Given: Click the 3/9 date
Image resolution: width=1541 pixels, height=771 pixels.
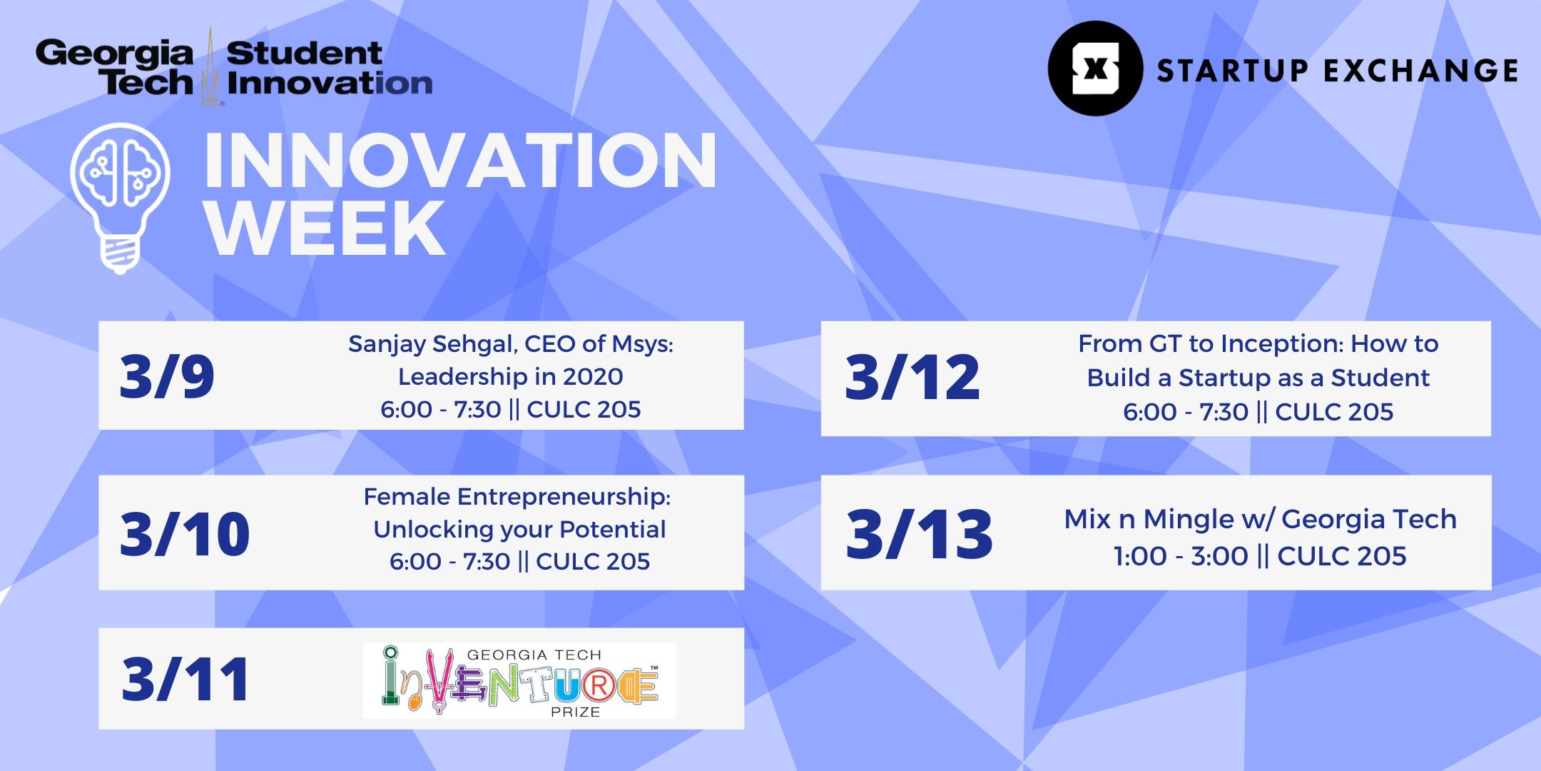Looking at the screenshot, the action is tap(167, 376).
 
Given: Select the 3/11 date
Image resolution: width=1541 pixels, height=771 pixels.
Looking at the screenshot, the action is tap(185, 679).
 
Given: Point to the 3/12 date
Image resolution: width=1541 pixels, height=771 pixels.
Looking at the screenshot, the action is tap(912, 377).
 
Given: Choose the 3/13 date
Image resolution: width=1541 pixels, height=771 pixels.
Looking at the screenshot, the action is tap(920, 534).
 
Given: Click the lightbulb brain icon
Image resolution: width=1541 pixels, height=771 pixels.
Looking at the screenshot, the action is tap(121, 198).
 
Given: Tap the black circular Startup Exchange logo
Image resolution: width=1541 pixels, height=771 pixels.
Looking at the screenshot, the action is tap(1095, 69).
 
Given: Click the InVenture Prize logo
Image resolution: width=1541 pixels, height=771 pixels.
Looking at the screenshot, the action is tap(519, 680).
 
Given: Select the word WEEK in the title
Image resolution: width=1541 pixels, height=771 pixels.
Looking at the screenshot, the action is tap(325, 228).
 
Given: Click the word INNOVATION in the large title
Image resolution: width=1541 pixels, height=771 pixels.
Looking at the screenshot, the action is tap(461, 161).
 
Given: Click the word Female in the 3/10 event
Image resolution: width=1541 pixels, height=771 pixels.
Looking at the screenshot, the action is tap(407, 497).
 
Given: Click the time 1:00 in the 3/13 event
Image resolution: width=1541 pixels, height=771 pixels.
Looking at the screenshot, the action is tap(1140, 556).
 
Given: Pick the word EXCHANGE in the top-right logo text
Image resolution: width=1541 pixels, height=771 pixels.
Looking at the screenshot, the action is tap(1420, 71).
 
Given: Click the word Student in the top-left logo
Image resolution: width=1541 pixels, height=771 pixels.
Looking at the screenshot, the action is tap(305, 54).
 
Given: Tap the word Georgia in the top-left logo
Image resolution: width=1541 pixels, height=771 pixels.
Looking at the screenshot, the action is tap(114, 54).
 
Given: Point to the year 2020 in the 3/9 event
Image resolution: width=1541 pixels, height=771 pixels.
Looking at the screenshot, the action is tap(593, 377).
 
